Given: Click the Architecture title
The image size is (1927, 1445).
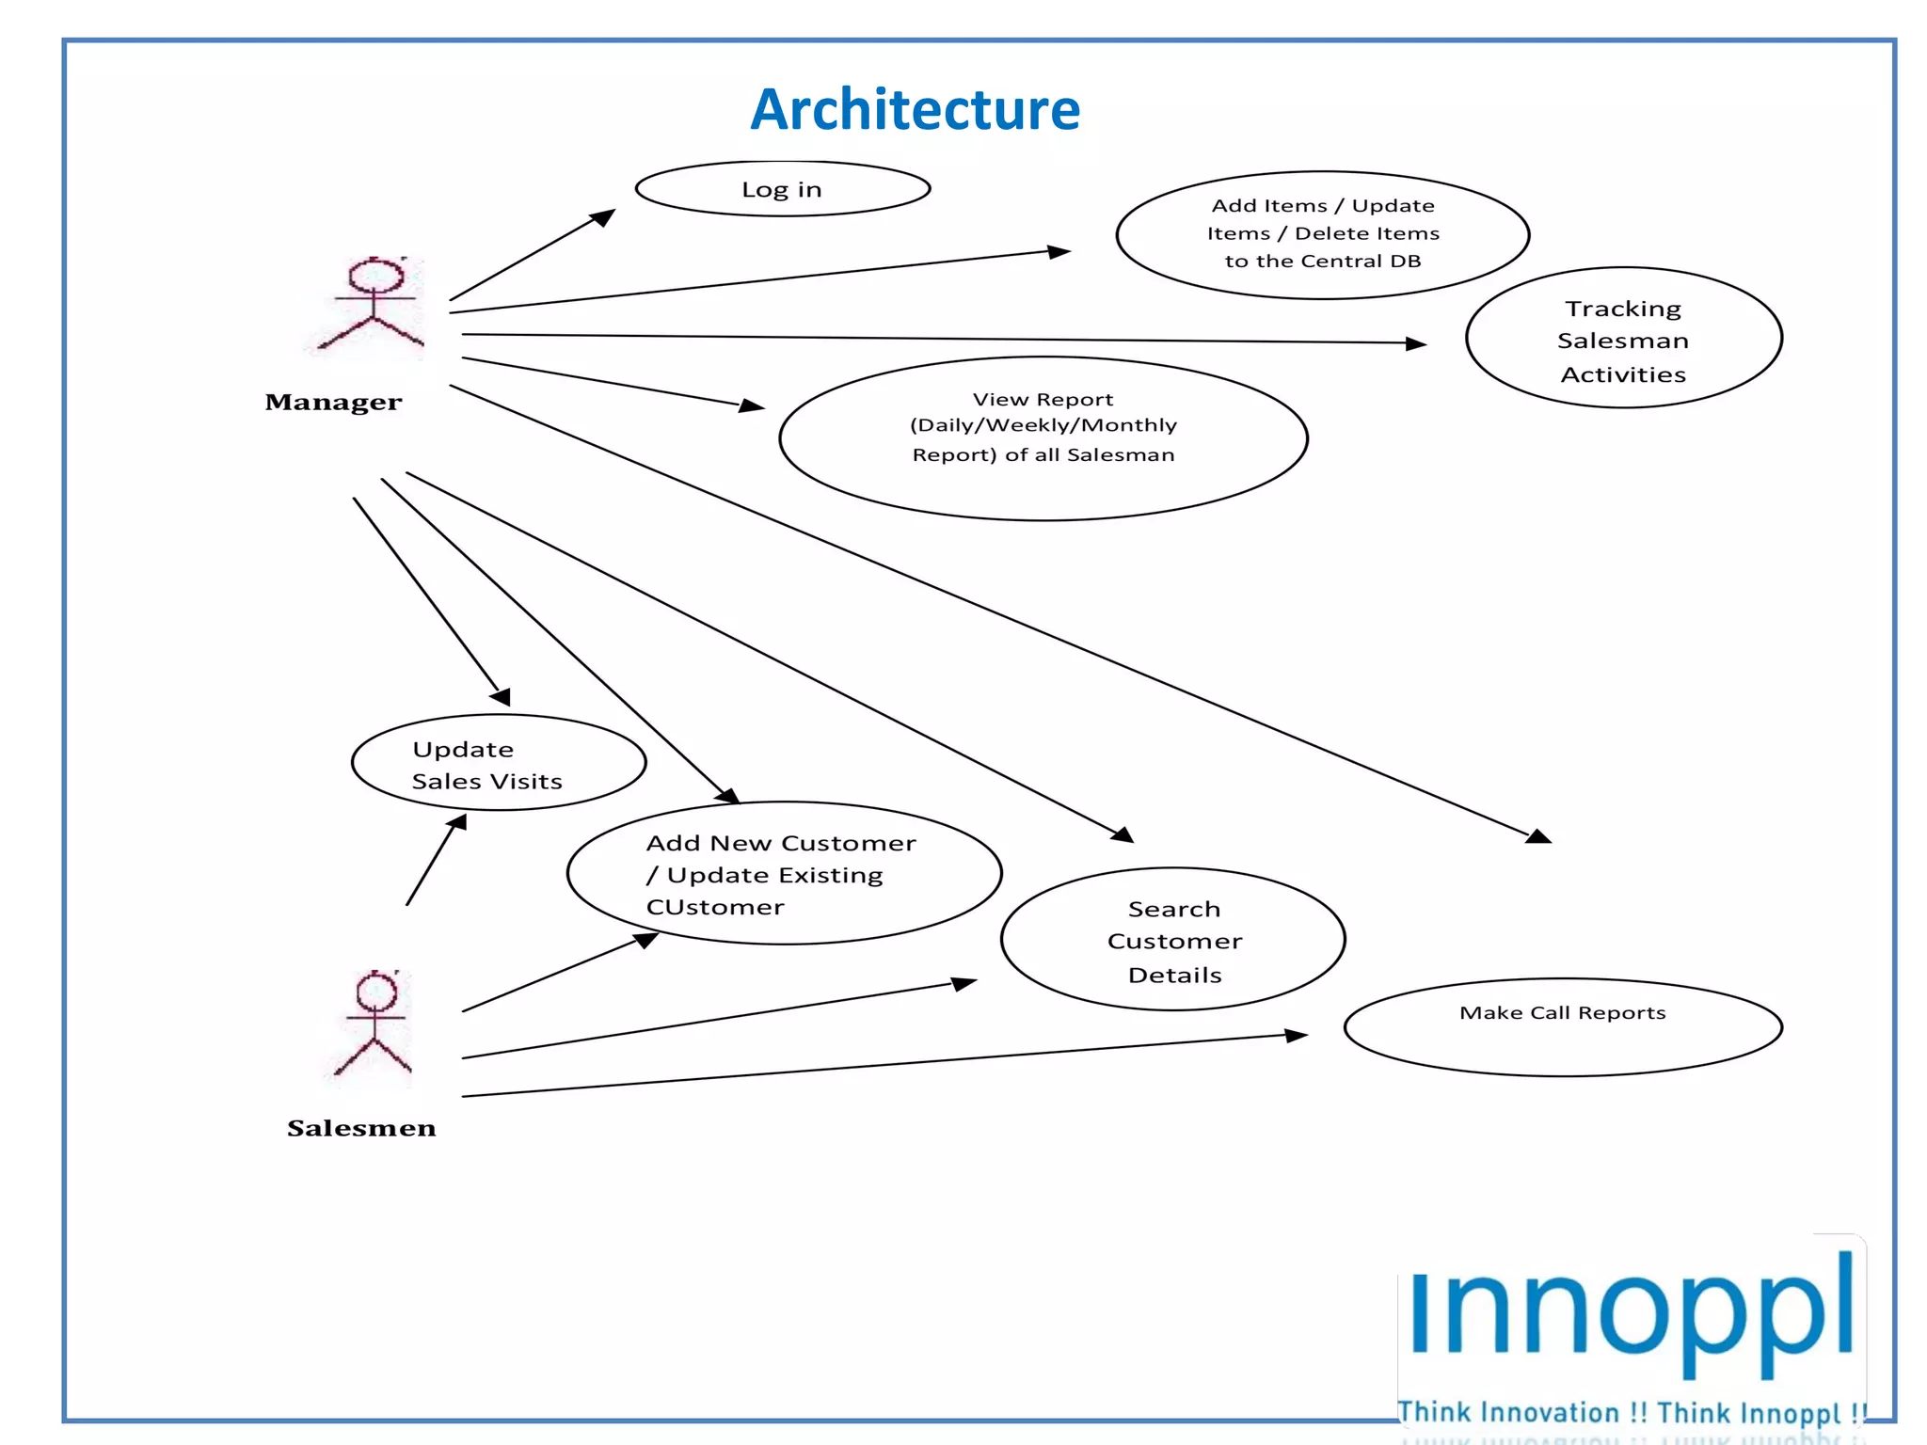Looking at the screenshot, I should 915,109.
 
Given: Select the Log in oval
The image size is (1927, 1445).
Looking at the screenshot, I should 782,189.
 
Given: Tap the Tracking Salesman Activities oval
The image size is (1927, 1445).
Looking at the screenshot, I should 1623,339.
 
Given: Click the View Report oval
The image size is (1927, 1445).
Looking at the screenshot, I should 1043,438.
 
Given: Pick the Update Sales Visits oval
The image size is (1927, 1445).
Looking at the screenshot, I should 498,763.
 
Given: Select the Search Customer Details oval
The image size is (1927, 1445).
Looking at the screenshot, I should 1173,940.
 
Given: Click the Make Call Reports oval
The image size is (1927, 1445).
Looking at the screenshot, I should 1563,1027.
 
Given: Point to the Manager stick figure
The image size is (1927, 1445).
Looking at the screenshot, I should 373,306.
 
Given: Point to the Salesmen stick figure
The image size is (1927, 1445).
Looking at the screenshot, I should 374,1025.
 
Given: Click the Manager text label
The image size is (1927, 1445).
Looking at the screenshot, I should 333,403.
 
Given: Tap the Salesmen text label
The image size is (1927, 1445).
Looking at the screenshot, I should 361,1128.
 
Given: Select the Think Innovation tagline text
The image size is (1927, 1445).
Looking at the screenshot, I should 1631,1413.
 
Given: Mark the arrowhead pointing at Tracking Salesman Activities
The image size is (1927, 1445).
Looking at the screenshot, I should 1417,344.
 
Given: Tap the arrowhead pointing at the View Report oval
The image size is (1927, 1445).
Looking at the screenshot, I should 753,405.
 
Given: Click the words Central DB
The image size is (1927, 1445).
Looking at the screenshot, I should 1382,262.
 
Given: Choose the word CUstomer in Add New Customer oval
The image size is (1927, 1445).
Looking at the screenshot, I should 715,908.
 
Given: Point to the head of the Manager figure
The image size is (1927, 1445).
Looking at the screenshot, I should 376,276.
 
